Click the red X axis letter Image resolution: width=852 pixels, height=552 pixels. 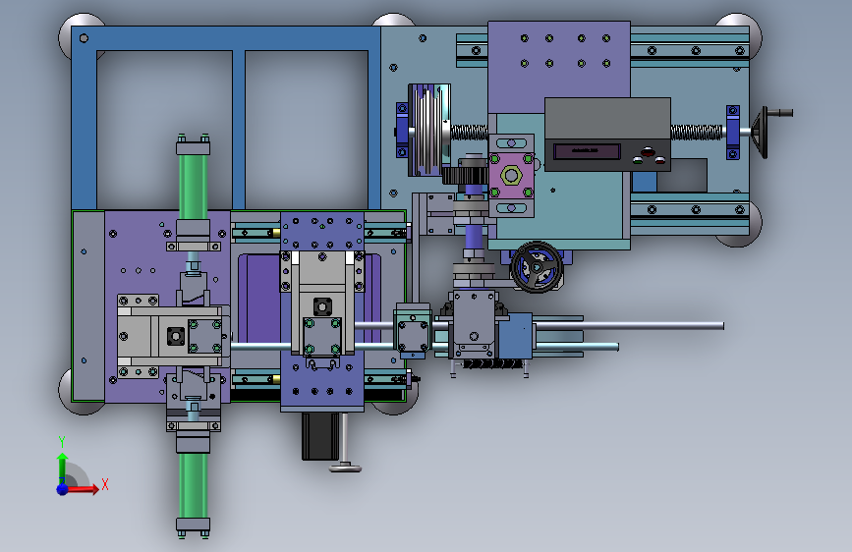[105, 484]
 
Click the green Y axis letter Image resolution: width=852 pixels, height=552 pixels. [62, 442]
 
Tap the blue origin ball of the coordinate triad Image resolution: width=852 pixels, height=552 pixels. [63, 489]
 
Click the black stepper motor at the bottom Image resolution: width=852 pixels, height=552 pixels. [320, 436]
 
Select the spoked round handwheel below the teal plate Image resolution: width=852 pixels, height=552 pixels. [537, 267]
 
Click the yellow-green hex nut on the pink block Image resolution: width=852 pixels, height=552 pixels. [511, 176]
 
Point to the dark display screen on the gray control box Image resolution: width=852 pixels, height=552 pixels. [587, 151]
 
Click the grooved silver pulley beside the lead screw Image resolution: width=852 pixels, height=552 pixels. [429, 130]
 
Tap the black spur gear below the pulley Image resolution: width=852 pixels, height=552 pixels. [465, 176]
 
